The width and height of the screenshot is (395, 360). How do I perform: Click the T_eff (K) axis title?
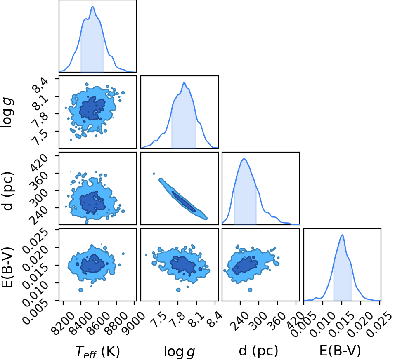(x=97, y=351)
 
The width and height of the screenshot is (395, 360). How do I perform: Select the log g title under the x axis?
(x=180, y=351)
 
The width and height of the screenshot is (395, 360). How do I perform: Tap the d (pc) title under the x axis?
(x=258, y=351)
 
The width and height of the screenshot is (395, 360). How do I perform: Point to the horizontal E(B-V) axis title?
(x=340, y=351)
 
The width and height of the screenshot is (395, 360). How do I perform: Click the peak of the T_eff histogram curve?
(x=92, y=6)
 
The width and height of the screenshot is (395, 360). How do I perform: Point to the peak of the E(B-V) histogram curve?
(x=342, y=235)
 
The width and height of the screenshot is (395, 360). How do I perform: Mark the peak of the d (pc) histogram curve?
(x=244, y=159)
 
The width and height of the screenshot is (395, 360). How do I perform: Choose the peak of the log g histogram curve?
(x=184, y=82)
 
